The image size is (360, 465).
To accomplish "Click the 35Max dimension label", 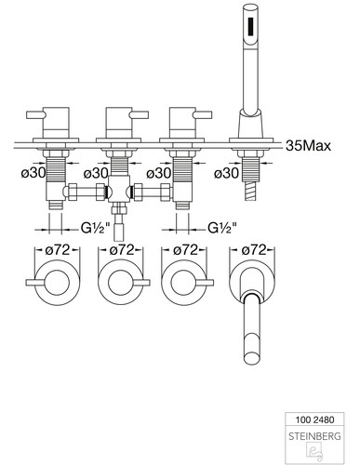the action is [308, 145].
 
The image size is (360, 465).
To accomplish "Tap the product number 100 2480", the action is [314, 419].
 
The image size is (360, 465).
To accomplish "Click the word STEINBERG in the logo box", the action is [314, 436].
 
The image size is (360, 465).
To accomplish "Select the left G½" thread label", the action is [96, 229].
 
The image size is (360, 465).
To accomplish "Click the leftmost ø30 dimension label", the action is [33, 173].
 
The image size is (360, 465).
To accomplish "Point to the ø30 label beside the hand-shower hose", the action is [226, 173].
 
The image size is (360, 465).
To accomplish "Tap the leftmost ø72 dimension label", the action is [58, 250].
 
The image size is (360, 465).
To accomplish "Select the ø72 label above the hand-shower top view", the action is [254, 250].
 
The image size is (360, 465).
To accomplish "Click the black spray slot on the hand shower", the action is [250, 27].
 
